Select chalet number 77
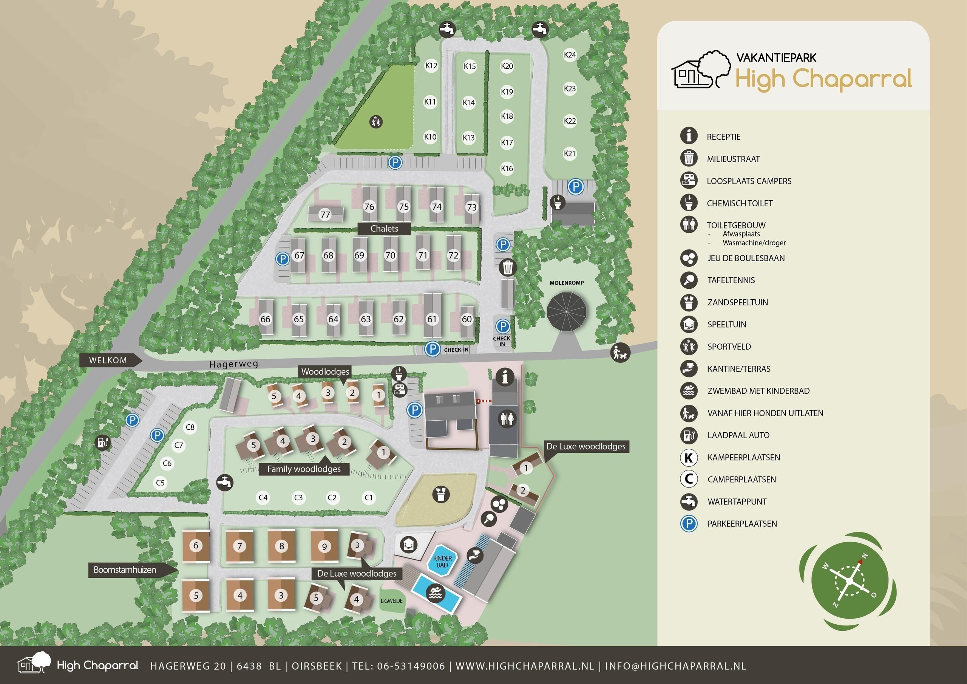(x=325, y=215)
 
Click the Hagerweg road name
(x=234, y=364)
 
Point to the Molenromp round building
(x=567, y=312)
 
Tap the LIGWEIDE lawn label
(x=392, y=600)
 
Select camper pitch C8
(x=190, y=427)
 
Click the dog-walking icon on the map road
(x=620, y=352)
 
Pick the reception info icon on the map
(x=505, y=376)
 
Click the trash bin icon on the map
(x=508, y=267)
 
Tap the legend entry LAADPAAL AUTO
(x=738, y=435)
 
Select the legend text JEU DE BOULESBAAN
(x=746, y=258)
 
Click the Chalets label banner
(x=384, y=228)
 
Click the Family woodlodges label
(x=304, y=469)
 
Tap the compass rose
(x=848, y=581)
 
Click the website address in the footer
(x=525, y=666)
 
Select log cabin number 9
(x=324, y=546)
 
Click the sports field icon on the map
(x=376, y=122)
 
